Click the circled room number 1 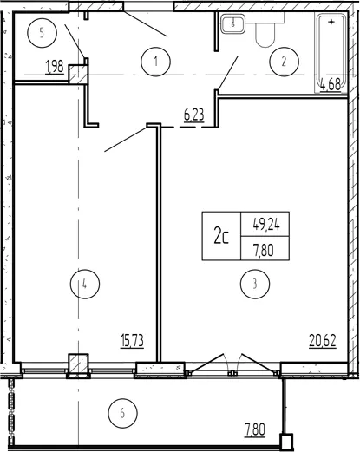coord(156,62)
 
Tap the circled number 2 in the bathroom coord(284,62)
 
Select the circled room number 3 coord(255,284)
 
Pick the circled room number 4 coord(85,284)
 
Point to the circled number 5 coord(42,33)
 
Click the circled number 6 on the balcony coord(122,413)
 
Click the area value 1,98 coord(55,67)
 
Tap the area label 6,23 coord(194,115)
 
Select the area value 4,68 coord(331,86)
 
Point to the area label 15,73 coord(132,340)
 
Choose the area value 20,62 coord(323,340)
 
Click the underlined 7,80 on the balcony coord(254,429)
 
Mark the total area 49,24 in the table coord(266,224)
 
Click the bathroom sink coord(233,23)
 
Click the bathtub coord(331,52)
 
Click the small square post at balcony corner coord(286,441)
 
